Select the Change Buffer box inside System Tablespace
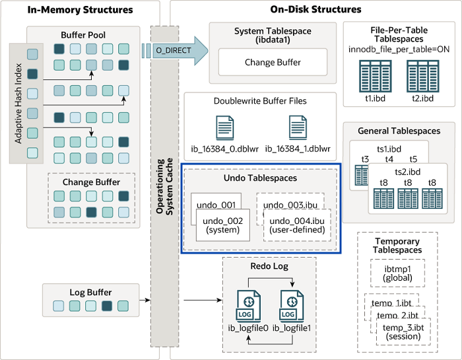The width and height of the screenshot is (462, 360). (x=273, y=62)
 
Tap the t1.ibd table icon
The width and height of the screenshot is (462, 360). (x=376, y=73)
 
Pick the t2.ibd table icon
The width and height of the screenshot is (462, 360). (x=422, y=73)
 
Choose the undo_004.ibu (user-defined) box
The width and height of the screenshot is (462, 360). (x=296, y=225)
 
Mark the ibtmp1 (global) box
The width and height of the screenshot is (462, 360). (x=397, y=273)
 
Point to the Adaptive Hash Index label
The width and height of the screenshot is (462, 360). (x=19, y=102)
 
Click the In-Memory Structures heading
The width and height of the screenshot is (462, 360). (x=81, y=10)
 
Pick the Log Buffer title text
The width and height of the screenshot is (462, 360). (x=90, y=292)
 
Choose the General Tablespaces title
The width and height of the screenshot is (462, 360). (x=396, y=131)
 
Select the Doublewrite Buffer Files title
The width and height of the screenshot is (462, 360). (x=260, y=101)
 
